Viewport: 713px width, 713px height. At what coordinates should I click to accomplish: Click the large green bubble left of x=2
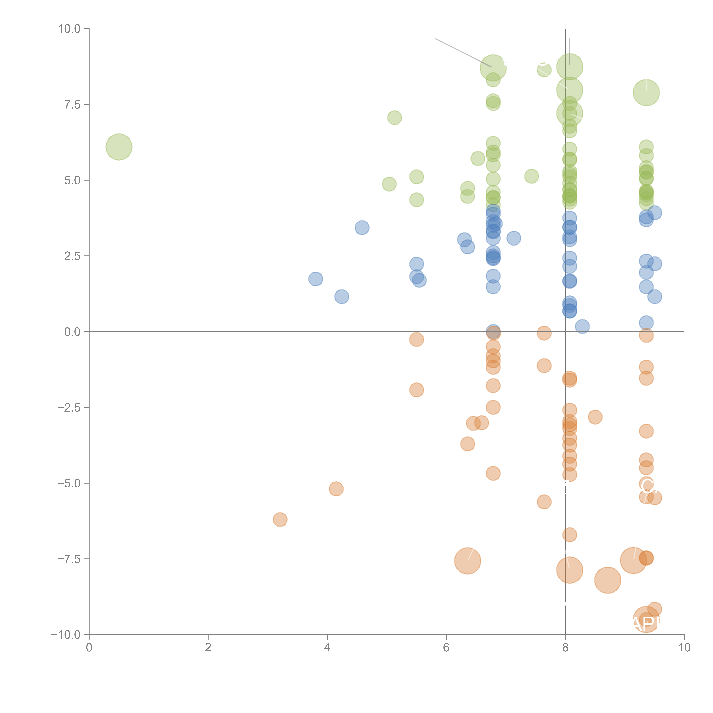(119, 147)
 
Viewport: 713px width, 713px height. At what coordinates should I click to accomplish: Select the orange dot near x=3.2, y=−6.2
(280, 520)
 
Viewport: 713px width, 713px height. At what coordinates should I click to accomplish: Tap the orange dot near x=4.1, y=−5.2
(336, 489)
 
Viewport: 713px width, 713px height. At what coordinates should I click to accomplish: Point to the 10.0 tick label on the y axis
(69, 29)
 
